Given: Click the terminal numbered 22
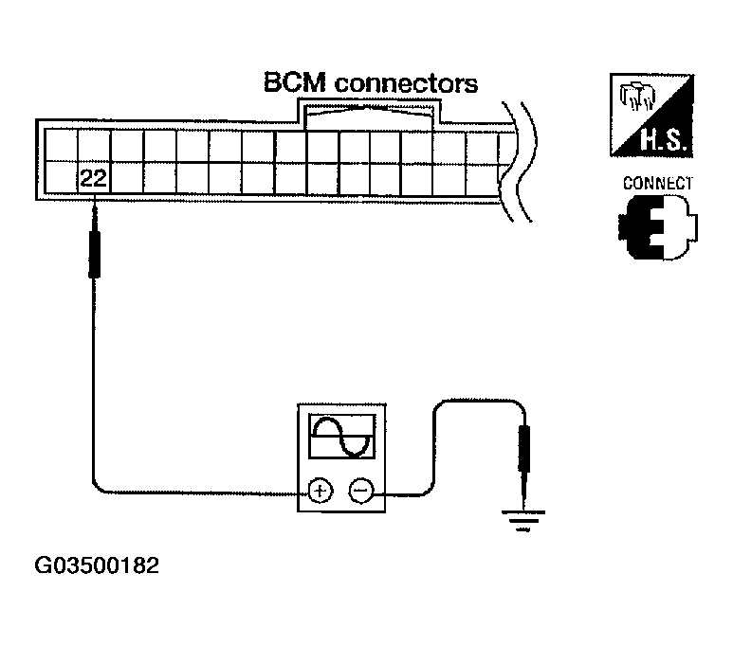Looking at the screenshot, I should click(93, 178).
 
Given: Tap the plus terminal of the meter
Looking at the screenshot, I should click(320, 491).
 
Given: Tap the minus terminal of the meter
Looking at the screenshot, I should click(360, 491).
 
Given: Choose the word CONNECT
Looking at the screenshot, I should click(657, 184).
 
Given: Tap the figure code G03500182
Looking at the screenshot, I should click(97, 567).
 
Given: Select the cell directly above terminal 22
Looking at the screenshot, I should click(93, 144).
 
